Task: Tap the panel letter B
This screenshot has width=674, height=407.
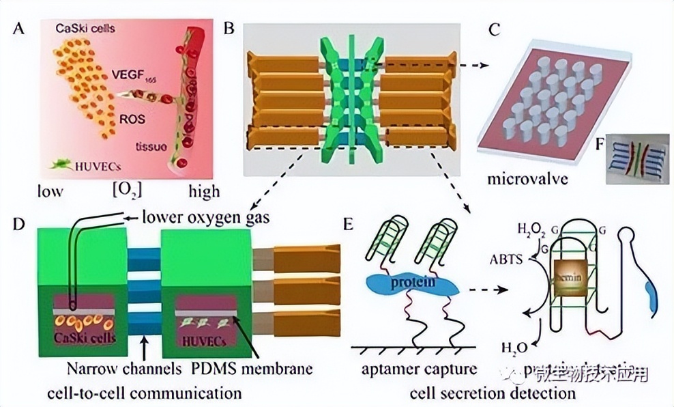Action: tap(229, 29)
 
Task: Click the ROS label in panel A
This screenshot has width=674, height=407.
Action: tap(132, 117)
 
